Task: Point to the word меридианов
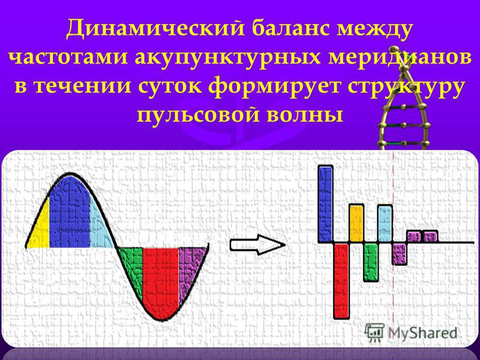point(400,57)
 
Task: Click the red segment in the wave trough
point(161,280)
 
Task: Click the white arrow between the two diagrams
point(257,245)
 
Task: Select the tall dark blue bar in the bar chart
point(325,204)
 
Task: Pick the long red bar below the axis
point(341,281)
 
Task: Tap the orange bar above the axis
point(356,223)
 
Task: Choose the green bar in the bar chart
point(371,262)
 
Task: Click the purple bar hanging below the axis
point(400,254)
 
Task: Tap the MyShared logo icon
point(374,332)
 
